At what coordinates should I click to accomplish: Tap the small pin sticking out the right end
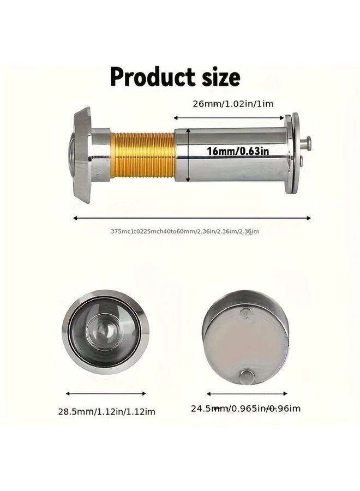307,143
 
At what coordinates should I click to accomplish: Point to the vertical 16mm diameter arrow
189,155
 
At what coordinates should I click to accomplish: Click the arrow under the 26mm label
230,117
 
